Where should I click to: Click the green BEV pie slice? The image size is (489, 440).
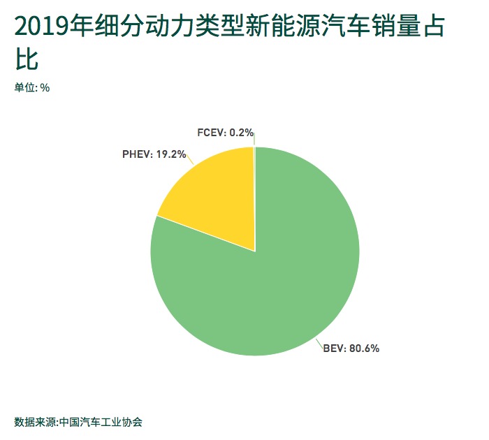click(279, 279)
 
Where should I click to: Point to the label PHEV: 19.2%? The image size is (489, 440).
click(154, 154)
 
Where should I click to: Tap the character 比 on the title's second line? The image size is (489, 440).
click(27, 59)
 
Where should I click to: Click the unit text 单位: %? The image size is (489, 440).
click(31, 87)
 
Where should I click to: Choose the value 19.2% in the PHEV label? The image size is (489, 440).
click(171, 154)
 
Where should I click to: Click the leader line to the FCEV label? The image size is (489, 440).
click(254, 138)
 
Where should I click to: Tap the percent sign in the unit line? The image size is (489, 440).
click(45, 87)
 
